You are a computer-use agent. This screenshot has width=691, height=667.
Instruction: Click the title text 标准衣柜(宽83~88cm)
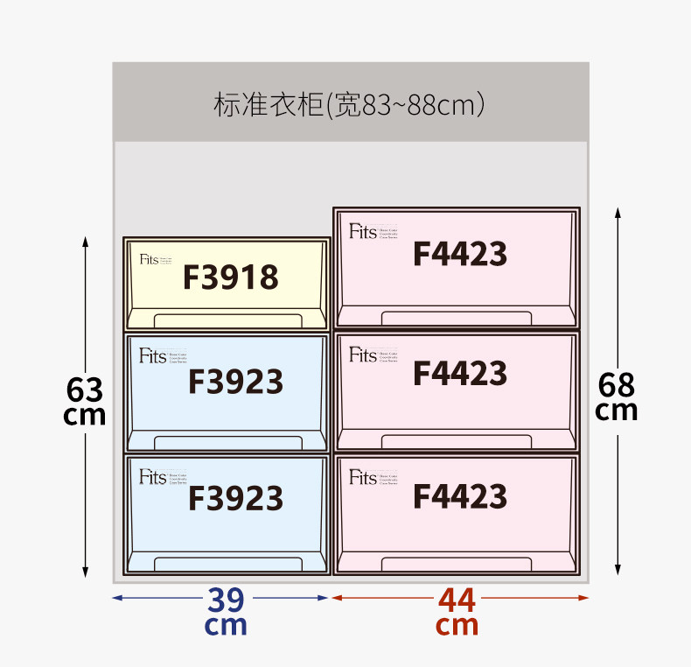point(349,105)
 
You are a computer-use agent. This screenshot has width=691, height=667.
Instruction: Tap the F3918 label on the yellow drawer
point(230,277)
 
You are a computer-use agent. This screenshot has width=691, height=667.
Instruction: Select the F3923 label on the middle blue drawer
point(235,382)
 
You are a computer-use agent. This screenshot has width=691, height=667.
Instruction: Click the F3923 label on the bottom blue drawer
point(235,498)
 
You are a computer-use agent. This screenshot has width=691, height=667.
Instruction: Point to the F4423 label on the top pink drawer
point(459,254)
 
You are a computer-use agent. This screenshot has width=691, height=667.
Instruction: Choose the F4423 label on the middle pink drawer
point(459,374)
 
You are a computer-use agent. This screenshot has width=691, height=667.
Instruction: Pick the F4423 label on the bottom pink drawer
point(459,496)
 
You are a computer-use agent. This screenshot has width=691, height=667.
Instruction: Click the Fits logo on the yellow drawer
point(150,260)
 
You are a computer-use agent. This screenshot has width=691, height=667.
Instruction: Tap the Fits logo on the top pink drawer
point(362,232)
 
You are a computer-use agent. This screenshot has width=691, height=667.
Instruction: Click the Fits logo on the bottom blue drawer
point(152,477)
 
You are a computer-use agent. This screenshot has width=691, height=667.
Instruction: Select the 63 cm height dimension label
point(85,401)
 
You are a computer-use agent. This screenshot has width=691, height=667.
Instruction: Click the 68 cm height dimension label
point(617,397)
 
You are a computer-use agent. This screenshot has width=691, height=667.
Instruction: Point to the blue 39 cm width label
point(226,611)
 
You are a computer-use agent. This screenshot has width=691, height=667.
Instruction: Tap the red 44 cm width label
point(457,611)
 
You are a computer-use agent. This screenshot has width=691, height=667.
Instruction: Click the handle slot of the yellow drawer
point(227,319)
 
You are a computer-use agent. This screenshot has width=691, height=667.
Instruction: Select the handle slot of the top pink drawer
point(456,317)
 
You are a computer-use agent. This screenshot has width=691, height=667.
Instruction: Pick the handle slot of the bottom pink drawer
point(456,563)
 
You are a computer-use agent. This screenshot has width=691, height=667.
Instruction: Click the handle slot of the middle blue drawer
point(227,441)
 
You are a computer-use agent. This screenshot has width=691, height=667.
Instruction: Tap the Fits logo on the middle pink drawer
point(362,355)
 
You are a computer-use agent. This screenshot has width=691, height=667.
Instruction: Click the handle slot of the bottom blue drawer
point(227,563)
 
